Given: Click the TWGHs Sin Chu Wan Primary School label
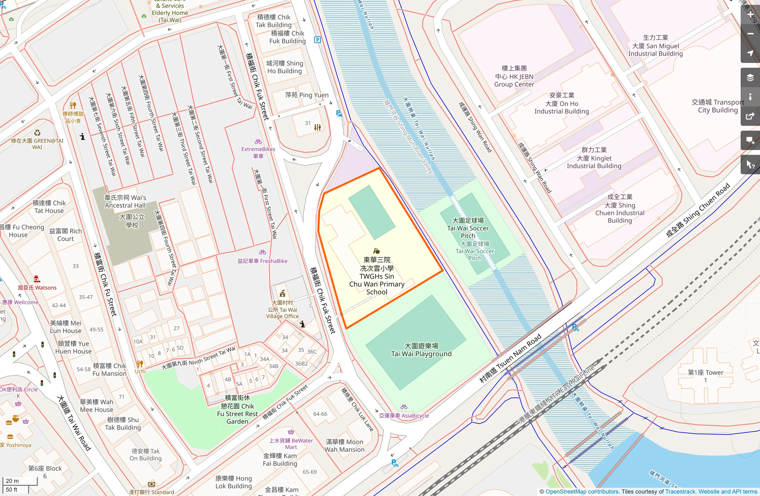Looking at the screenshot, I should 377,276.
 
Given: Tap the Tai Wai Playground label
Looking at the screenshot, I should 421,350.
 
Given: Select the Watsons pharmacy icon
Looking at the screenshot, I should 37,279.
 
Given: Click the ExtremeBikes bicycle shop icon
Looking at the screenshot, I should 258,142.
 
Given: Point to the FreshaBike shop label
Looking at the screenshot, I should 262,261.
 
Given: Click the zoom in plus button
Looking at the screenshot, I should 750,14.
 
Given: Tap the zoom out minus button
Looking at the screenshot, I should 750,34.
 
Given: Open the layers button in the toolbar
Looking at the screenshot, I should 750,77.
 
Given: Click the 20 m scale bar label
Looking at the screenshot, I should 12,481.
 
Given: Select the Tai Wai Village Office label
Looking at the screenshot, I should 282,309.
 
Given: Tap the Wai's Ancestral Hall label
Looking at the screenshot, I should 125,201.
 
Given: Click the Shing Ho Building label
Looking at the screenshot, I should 284,67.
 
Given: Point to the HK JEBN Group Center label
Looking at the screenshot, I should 514,76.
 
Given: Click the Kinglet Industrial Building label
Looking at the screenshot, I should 594,158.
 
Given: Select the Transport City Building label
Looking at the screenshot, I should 718,106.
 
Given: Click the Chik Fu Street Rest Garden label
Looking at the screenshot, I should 237,410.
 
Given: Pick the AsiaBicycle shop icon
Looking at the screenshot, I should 404,407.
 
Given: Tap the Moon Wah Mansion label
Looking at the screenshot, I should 345,446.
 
